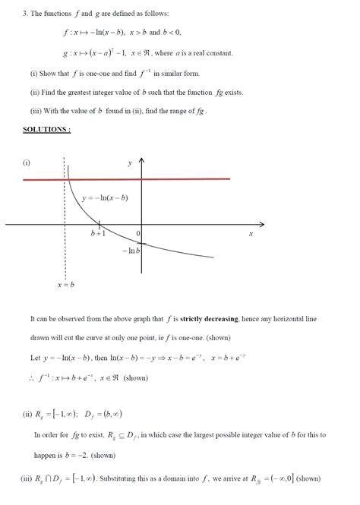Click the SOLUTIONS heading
(47, 130)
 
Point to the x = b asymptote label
(65, 285)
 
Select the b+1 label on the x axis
(98, 234)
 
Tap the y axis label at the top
(130, 163)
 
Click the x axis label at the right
(251, 234)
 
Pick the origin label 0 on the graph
(137, 233)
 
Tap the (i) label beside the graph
(27, 163)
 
